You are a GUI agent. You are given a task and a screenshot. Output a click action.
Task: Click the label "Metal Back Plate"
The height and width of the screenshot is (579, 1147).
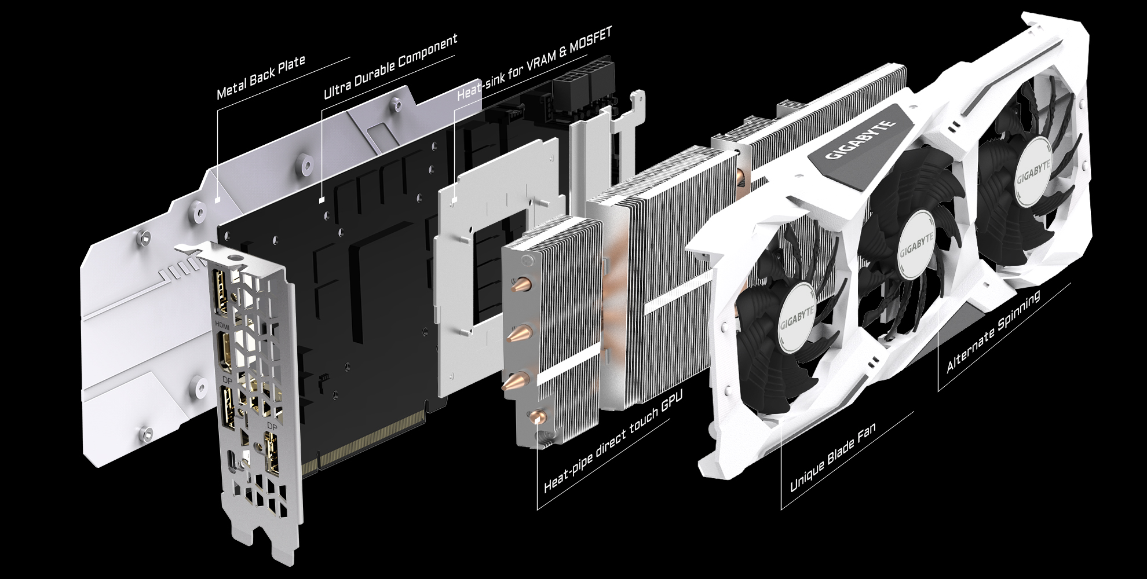click(261, 78)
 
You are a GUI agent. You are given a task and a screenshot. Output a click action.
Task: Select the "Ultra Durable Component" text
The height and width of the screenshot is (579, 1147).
click(390, 66)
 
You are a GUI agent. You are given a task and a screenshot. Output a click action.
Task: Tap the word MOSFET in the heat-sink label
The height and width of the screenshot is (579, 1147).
click(591, 42)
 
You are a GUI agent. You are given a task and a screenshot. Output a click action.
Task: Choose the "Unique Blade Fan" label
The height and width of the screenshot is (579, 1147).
click(833, 457)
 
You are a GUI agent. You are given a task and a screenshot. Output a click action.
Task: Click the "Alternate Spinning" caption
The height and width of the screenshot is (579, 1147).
click(993, 331)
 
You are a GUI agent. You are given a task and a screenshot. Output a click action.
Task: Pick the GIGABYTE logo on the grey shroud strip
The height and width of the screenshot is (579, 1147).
click(860, 140)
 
